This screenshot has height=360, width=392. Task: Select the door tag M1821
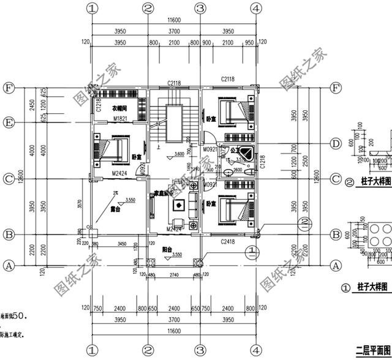(119, 119)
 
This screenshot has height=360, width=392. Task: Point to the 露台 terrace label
(115, 209)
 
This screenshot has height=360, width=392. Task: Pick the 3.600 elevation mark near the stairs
(179, 154)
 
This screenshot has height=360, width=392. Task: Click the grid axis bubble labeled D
(335, 144)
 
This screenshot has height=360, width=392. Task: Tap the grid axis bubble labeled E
(9, 122)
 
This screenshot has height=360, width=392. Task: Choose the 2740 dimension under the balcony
(175, 276)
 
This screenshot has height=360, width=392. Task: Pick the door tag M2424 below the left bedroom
(119, 174)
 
